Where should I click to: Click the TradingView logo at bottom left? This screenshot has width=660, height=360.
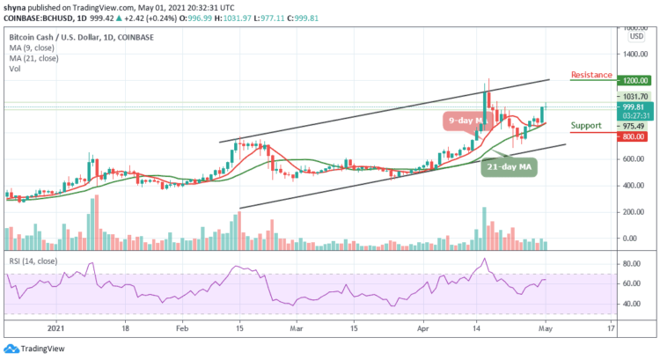tap(35, 348)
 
